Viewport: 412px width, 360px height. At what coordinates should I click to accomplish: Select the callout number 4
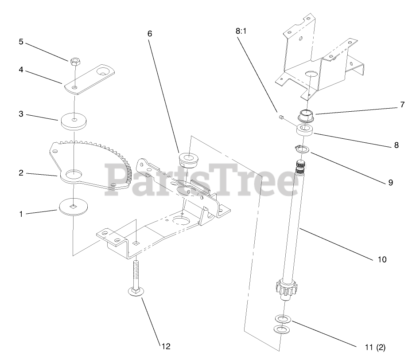tap(20, 69)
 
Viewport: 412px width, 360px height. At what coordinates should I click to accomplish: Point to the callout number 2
tap(20, 173)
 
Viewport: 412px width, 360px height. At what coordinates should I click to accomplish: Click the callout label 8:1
tap(241, 31)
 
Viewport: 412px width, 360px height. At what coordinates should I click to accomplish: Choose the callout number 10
tap(381, 259)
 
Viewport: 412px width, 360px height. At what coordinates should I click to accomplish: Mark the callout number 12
tap(165, 346)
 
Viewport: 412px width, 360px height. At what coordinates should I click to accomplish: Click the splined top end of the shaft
tap(301, 168)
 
